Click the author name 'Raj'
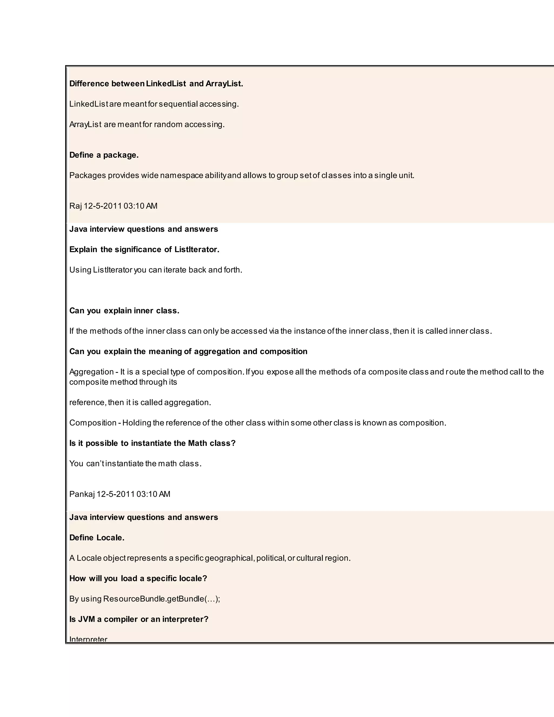pyautogui.click(x=75, y=206)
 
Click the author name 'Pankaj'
pyautogui.click(x=82, y=494)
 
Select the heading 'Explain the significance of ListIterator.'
pyautogui.click(x=144, y=249)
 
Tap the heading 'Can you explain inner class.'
pyautogui.click(x=124, y=311)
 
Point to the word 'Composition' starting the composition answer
pyautogui.click(x=93, y=423)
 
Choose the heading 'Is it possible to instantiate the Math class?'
pyautogui.click(x=152, y=443)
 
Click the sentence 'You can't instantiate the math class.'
pyautogui.click(x=135, y=463)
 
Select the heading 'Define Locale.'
pyautogui.click(x=97, y=538)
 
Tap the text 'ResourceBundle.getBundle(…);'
pyautogui.click(x=161, y=599)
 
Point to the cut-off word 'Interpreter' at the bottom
pyautogui.click(x=88, y=639)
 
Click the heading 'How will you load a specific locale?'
pyautogui.click(x=138, y=578)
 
